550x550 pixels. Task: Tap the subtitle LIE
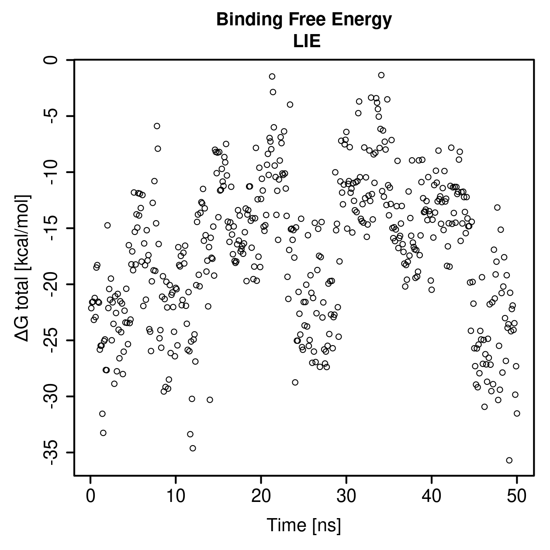tap(307, 41)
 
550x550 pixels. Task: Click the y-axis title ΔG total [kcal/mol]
tap(22, 268)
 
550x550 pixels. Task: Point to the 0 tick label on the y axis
tap(51, 60)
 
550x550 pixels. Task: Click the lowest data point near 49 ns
tap(509, 460)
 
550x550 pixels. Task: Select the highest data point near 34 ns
tap(381, 75)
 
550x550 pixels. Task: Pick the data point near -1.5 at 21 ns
tap(272, 76)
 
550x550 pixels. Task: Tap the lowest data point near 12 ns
tap(193, 448)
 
